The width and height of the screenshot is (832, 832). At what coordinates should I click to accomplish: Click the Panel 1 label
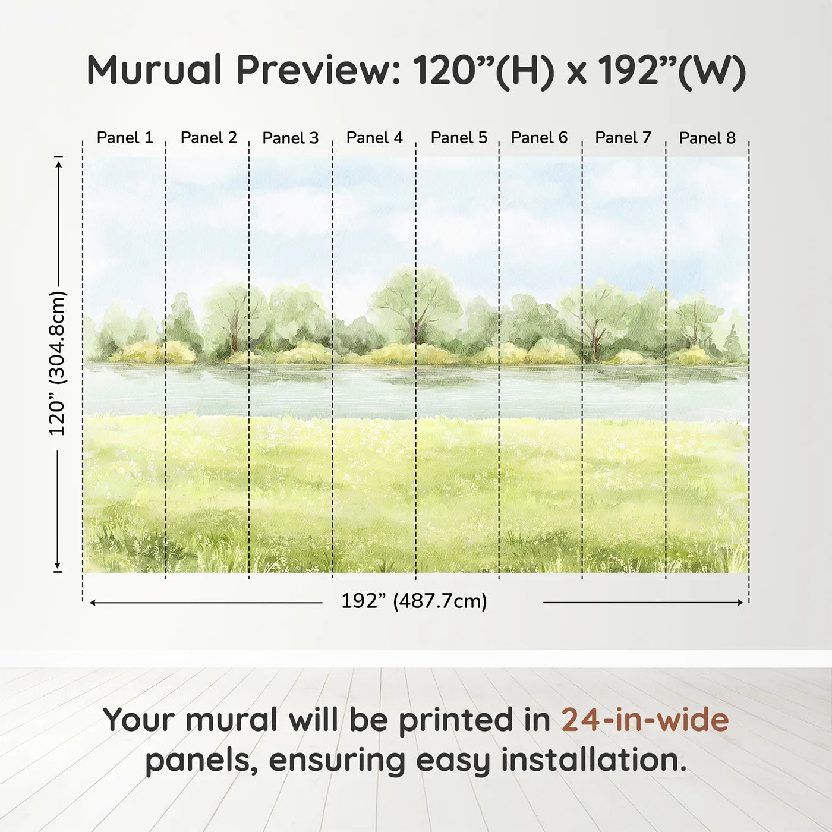tap(125, 138)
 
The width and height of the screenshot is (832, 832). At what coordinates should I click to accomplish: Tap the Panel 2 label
tap(209, 138)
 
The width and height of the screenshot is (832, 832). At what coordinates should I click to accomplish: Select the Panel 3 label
tap(291, 138)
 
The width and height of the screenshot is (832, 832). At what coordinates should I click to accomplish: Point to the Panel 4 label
tap(374, 138)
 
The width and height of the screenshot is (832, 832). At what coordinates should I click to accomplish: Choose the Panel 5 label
tap(459, 138)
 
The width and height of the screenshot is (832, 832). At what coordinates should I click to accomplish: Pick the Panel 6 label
tap(539, 138)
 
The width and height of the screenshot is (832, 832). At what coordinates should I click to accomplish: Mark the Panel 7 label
tap(623, 138)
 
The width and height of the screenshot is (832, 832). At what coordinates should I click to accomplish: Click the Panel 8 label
tap(707, 138)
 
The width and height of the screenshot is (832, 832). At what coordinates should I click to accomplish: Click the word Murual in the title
tap(155, 70)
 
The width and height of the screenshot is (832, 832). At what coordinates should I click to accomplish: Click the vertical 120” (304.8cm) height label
tap(58, 363)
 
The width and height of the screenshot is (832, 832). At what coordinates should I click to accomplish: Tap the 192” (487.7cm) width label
tap(414, 601)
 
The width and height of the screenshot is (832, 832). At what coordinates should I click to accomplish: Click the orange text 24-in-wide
tap(645, 720)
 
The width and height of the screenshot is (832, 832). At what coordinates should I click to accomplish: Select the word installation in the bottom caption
tap(593, 760)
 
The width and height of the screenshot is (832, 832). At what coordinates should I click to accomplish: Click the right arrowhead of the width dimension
tap(740, 603)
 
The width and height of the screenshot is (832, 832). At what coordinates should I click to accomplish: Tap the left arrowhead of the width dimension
tap(93, 603)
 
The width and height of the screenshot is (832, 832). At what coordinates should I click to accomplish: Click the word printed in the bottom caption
tap(456, 721)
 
